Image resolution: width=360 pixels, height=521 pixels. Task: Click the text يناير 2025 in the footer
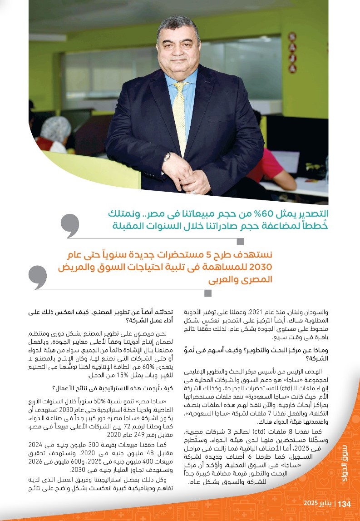[x=318, y=504]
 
